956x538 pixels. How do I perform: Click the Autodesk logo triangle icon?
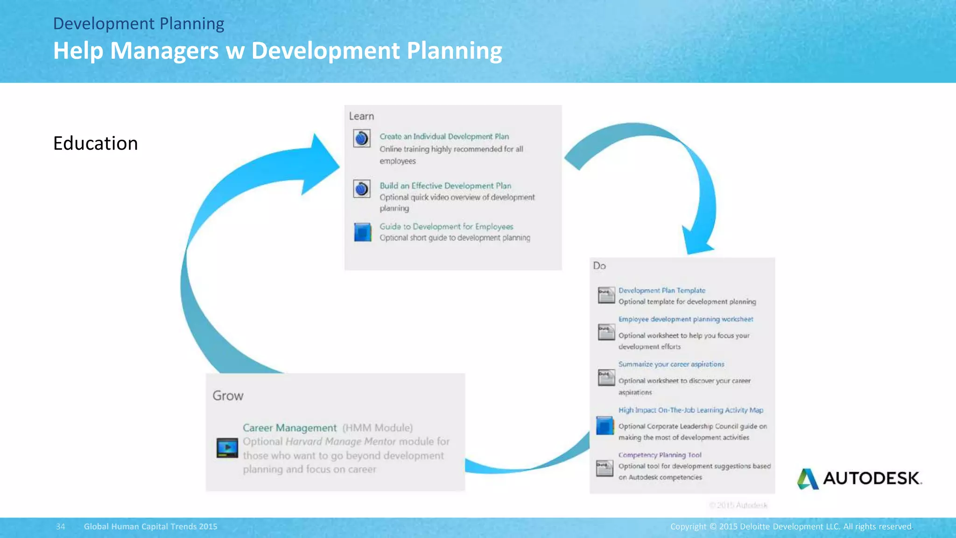(x=808, y=479)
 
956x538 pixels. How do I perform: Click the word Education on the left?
(x=95, y=143)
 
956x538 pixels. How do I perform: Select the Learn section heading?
(x=361, y=116)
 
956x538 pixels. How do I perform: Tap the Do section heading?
(x=599, y=266)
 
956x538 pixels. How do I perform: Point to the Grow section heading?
(x=228, y=396)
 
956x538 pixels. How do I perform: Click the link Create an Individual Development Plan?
(x=444, y=136)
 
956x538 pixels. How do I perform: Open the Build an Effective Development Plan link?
(x=445, y=186)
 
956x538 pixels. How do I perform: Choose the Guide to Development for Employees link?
(x=446, y=227)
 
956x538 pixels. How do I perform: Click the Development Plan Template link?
(x=661, y=290)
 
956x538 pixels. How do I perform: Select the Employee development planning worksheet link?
(x=685, y=319)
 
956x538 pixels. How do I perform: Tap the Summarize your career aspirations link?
(x=671, y=364)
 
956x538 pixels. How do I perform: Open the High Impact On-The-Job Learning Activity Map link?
(x=690, y=410)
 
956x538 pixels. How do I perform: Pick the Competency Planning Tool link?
(x=660, y=455)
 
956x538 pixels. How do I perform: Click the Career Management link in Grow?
(x=289, y=428)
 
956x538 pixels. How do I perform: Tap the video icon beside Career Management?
(x=227, y=448)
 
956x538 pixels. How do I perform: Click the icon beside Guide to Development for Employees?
(x=362, y=232)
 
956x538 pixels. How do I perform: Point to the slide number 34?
(x=61, y=527)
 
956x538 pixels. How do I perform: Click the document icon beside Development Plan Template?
(x=606, y=295)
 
